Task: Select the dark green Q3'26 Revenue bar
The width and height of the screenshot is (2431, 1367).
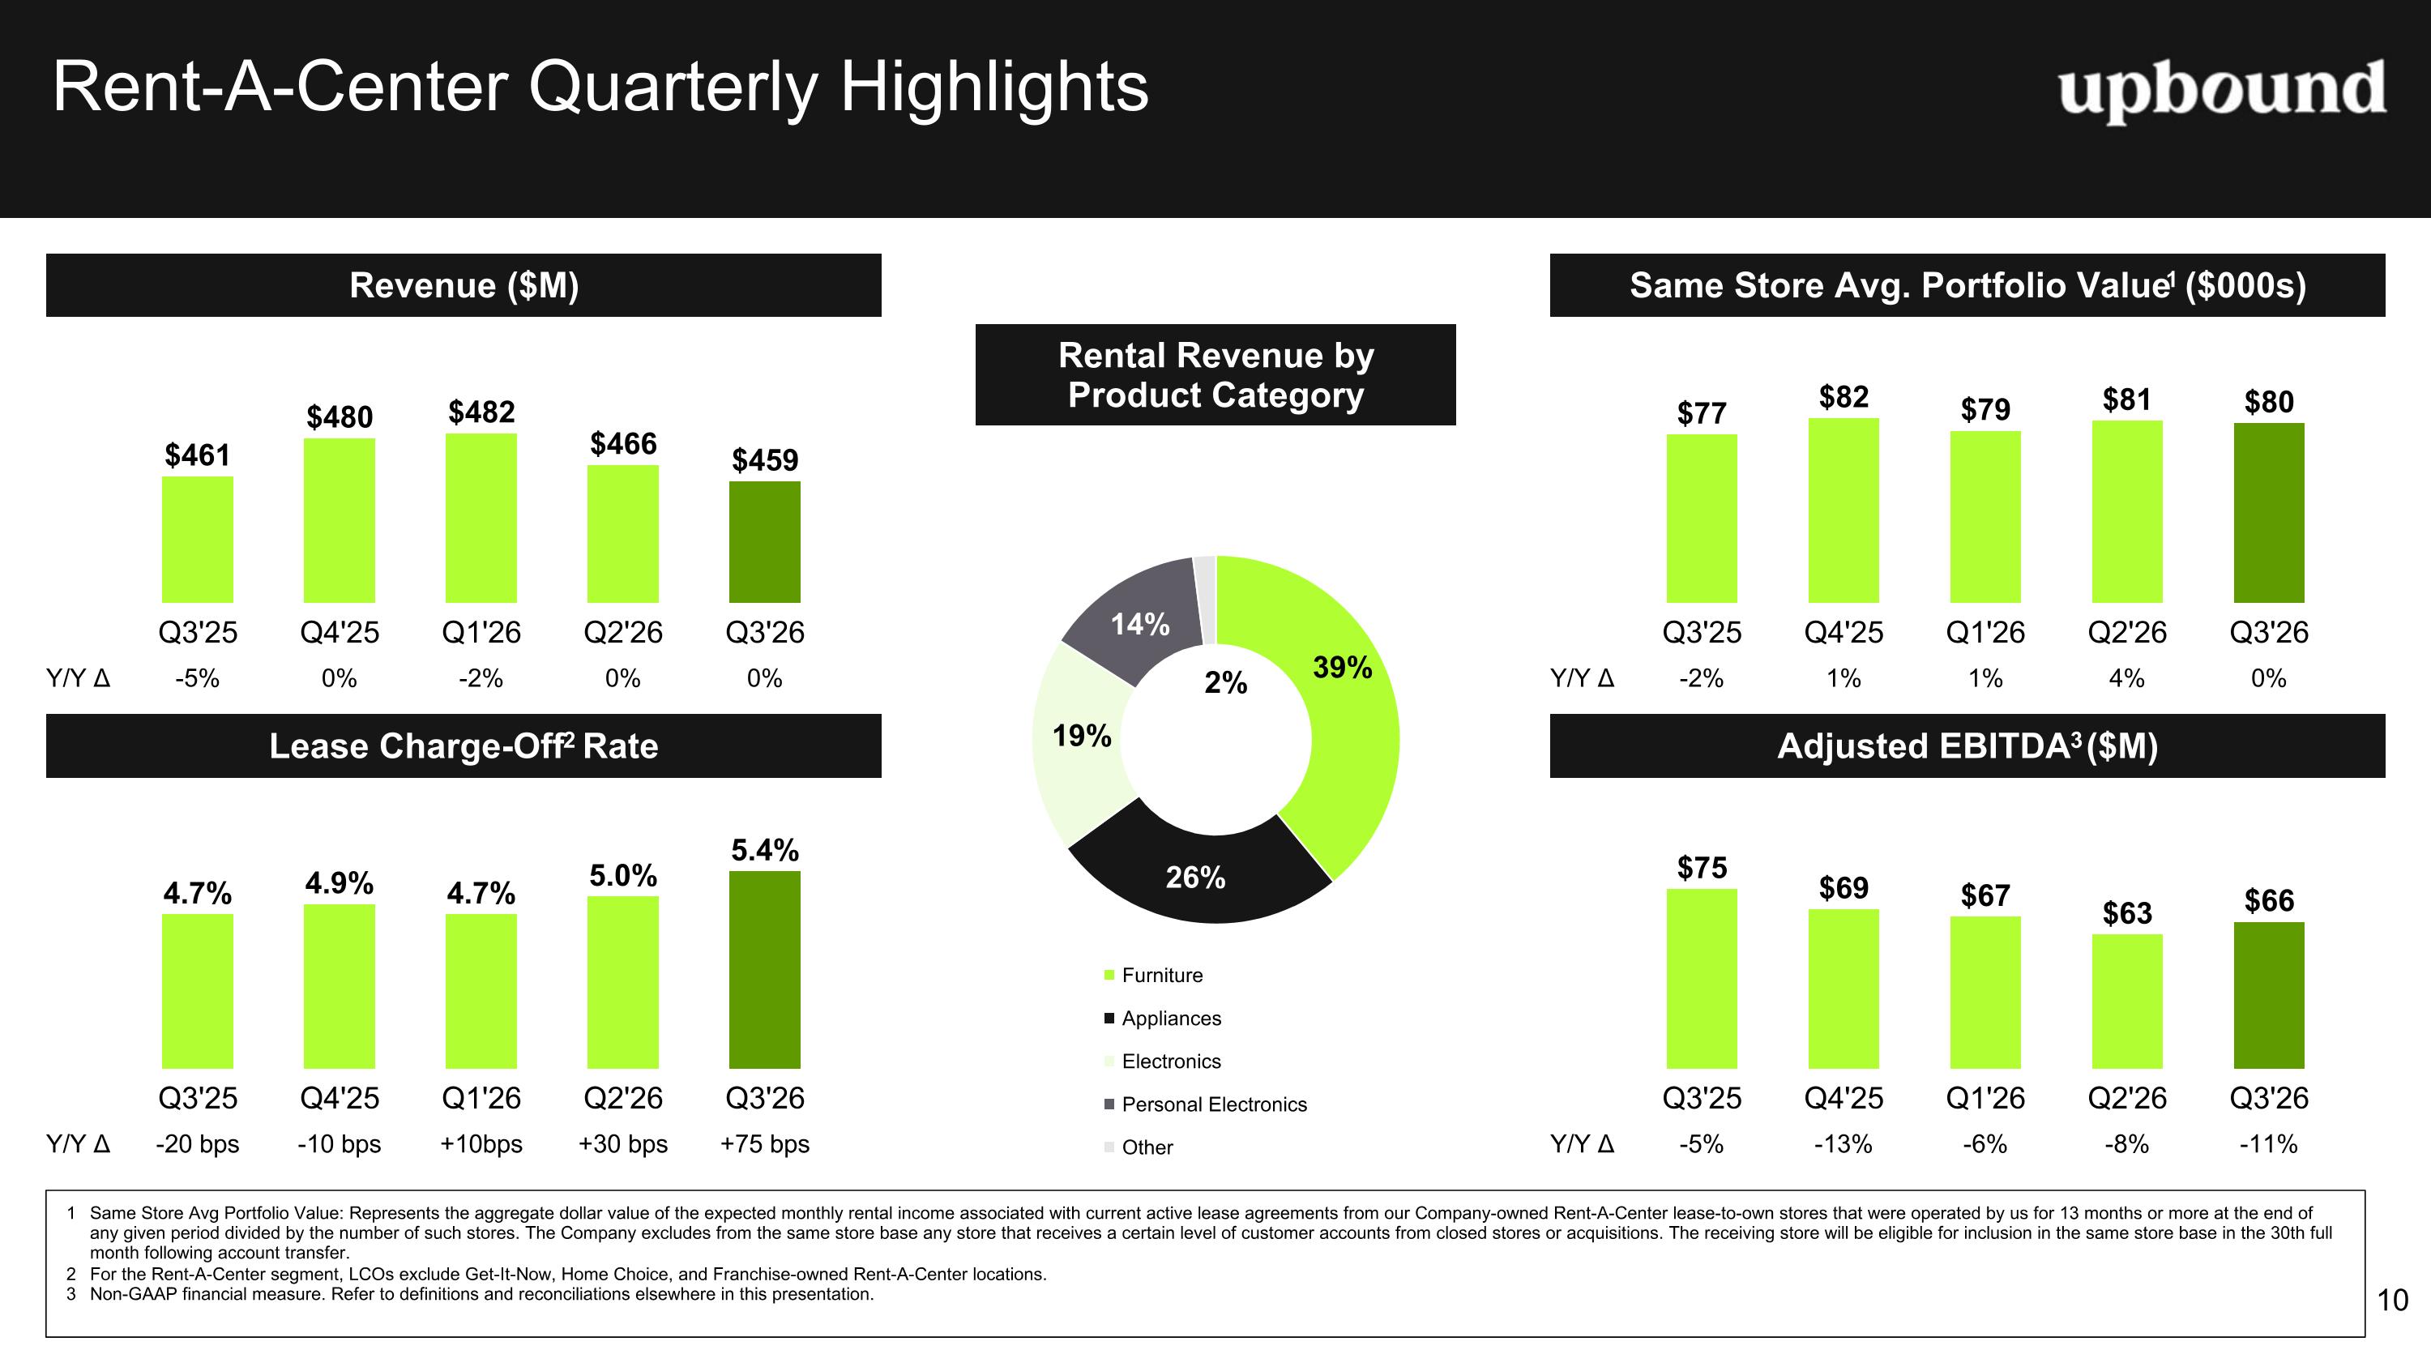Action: coord(764,542)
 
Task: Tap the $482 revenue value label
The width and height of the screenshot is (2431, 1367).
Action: coord(481,412)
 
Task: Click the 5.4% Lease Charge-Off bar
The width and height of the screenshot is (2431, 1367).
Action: coord(764,970)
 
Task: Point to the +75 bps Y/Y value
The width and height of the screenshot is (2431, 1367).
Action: coord(764,1144)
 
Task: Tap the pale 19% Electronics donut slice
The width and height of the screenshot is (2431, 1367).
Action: coord(1080,741)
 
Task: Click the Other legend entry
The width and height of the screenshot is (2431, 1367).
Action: coord(1139,1147)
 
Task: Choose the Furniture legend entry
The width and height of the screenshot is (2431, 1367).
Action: coord(1153,976)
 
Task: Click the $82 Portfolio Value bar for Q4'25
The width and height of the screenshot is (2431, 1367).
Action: coord(1843,510)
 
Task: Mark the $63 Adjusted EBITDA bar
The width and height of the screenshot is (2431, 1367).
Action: coord(2127,1001)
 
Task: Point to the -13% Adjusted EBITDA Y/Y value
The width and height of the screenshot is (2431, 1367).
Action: coord(1843,1144)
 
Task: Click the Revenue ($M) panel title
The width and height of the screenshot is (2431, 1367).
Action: coord(464,285)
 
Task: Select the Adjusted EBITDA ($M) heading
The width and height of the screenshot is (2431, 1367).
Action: coord(1967,746)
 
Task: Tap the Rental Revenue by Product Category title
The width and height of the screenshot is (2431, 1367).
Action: coord(1215,374)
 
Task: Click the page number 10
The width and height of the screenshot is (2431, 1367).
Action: coord(2392,1300)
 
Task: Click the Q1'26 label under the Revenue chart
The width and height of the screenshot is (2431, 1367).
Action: coord(481,632)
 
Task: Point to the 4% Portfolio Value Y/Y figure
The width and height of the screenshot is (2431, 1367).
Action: coord(2127,678)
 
